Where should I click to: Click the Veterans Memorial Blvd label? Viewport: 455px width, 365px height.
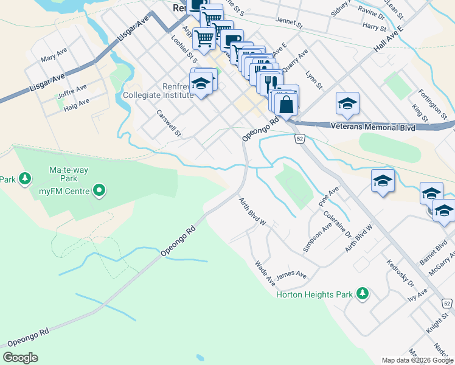click(x=373, y=128)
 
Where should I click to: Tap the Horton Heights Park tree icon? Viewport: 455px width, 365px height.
click(x=363, y=294)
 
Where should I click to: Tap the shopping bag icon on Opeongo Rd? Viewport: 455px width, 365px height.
click(x=286, y=104)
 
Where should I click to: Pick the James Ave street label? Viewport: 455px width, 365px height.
click(x=291, y=275)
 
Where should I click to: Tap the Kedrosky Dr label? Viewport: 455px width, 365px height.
click(x=400, y=274)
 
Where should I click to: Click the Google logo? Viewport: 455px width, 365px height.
click(x=21, y=358)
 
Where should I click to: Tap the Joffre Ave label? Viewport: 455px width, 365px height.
click(x=72, y=90)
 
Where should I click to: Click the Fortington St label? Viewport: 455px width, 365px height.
click(x=432, y=103)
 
